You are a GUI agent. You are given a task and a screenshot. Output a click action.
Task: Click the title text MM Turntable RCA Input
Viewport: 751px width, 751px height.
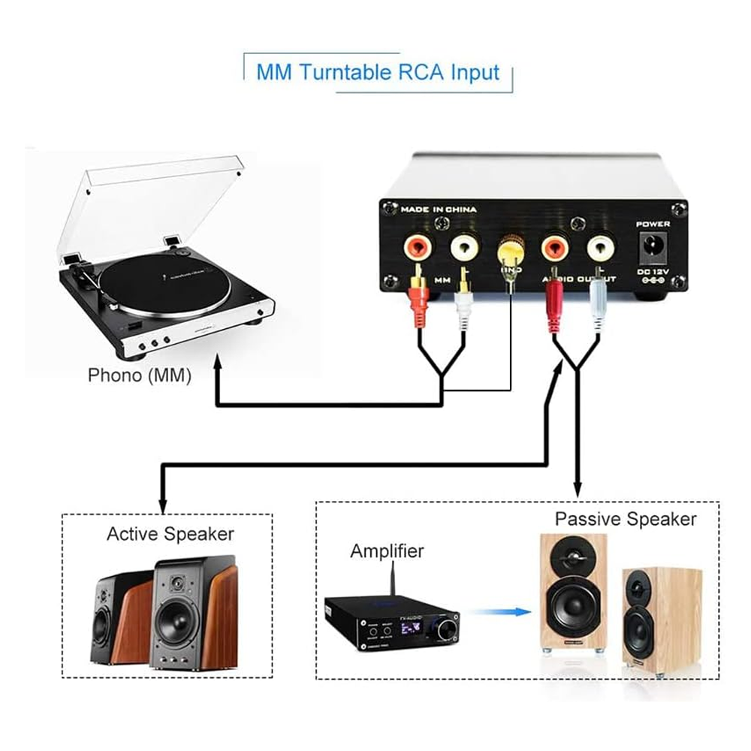coord(378,73)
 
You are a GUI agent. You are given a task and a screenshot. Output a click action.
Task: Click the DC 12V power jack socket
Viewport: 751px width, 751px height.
coord(651,243)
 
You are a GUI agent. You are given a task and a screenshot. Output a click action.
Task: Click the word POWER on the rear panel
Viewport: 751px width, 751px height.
coord(652,224)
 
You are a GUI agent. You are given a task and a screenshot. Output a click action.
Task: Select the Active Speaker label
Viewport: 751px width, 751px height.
coord(170,534)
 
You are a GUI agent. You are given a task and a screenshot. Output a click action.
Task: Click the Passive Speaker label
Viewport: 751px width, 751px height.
coord(626,518)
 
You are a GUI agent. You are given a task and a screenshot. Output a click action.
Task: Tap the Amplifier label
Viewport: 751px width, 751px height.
coord(387,551)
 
